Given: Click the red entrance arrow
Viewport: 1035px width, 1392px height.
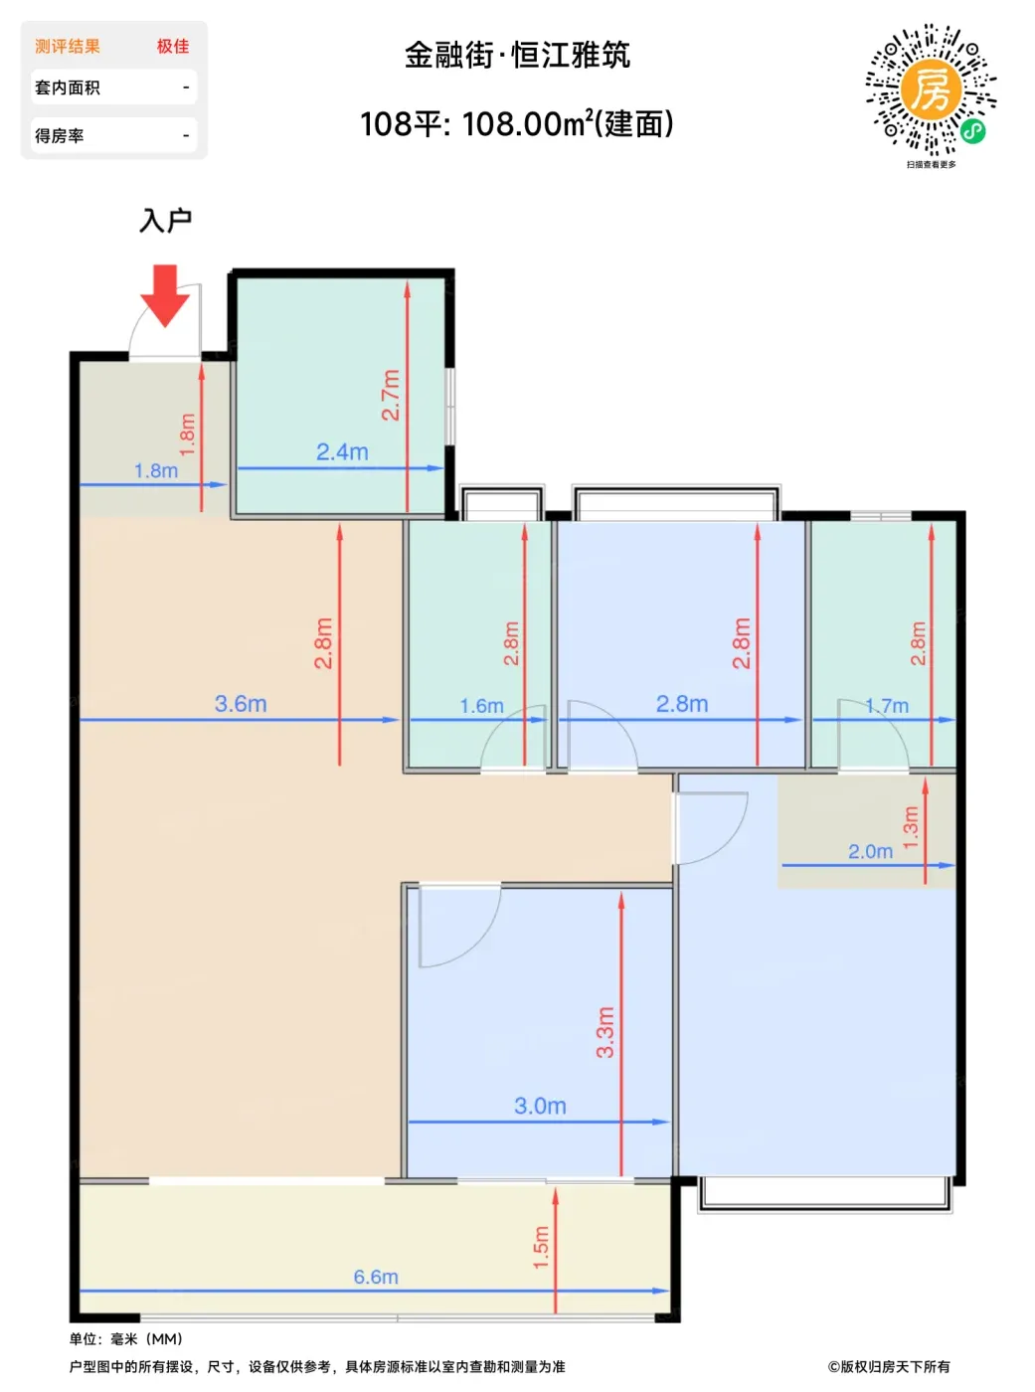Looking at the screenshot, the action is (165, 295).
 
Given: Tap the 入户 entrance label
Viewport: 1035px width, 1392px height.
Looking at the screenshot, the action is (165, 221).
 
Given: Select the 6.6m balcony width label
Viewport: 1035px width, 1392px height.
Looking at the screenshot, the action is (376, 1277).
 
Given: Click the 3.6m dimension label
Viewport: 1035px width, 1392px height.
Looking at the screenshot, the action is (241, 704).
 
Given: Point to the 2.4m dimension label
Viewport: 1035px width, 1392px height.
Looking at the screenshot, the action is (342, 451).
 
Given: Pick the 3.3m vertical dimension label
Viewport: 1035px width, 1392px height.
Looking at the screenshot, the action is (605, 1032).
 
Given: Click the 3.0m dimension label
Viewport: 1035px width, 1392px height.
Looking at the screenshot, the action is (540, 1106).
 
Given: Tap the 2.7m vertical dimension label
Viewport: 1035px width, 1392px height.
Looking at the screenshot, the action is (391, 395).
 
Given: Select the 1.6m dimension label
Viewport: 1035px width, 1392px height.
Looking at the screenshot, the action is (481, 706).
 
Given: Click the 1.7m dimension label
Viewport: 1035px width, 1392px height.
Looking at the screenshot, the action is (887, 706).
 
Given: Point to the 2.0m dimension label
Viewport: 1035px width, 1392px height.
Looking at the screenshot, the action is (870, 852).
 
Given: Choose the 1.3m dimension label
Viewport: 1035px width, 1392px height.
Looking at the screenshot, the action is (911, 827).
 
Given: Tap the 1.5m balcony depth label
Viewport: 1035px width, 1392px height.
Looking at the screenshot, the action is (541, 1248).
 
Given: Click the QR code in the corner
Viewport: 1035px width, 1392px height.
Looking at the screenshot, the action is (932, 89).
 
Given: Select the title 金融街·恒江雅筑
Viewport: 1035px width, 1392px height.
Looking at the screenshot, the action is (517, 56).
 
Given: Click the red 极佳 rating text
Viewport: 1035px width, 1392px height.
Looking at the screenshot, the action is (173, 47).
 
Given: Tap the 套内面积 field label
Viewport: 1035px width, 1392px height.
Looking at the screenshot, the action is (68, 87).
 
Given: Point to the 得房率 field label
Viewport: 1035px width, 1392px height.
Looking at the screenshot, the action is (59, 135).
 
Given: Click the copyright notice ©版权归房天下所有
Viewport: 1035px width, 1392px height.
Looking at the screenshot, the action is (889, 1367).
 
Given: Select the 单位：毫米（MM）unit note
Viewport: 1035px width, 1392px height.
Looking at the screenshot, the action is (126, 1339).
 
